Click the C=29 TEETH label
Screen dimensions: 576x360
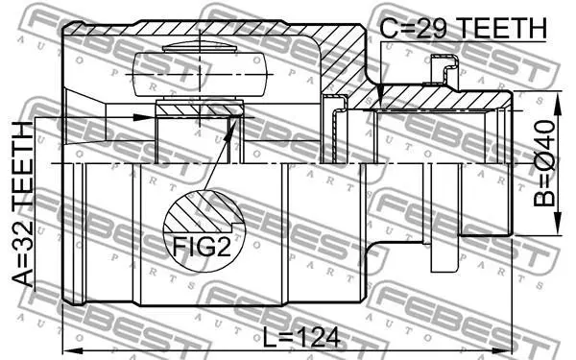pyautogui.click(x=463, y=28)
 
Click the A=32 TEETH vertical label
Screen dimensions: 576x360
pyautogui.click(x=23, y=204)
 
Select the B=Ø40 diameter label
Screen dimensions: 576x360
pyautogui.click(x=544, y=163)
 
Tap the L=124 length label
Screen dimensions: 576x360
pyautogui.click(x=301, y=338)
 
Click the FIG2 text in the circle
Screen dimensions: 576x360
pyautogui.click(x=202, y=246)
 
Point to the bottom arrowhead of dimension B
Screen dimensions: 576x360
pyautogui.click(x=558, y=224)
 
